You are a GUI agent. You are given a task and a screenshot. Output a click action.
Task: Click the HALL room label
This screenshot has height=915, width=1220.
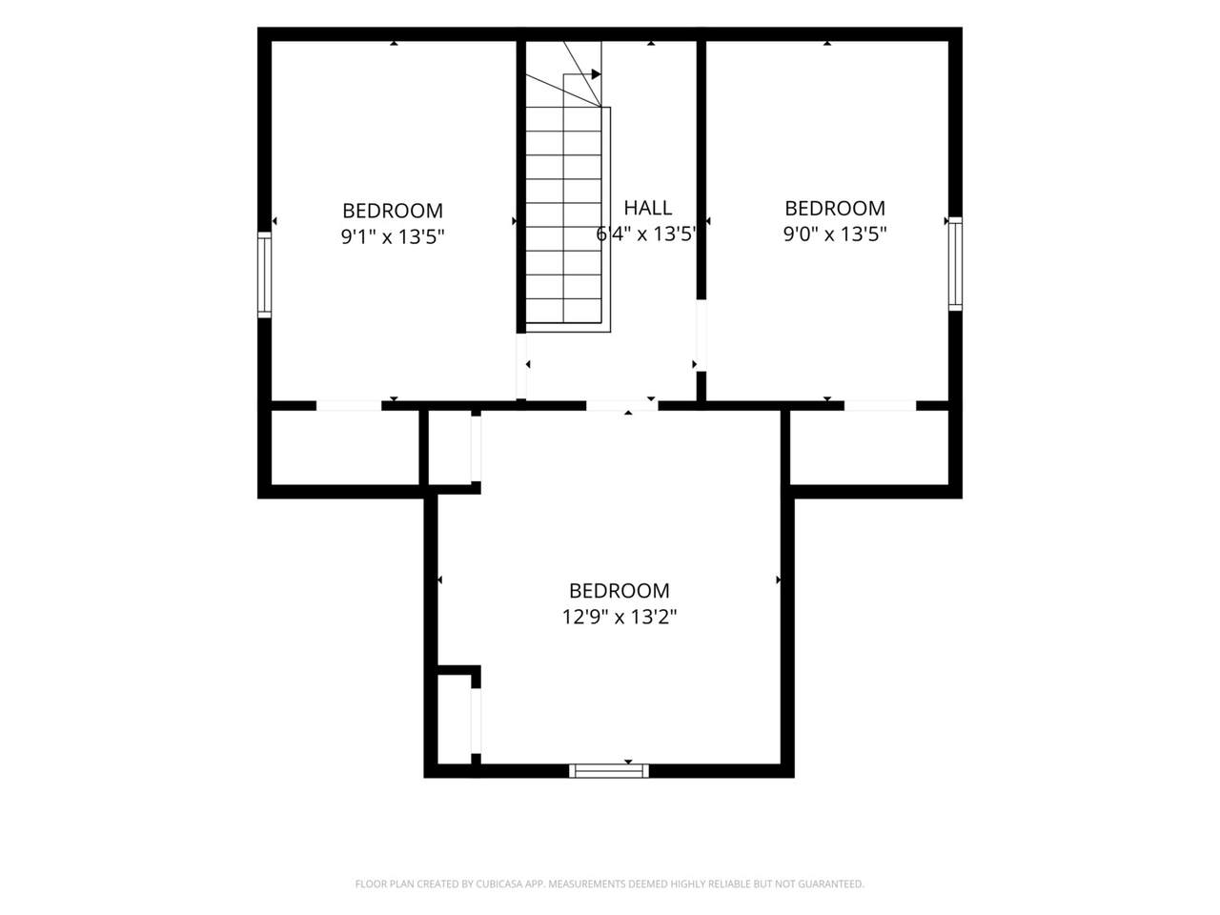coord(647,208)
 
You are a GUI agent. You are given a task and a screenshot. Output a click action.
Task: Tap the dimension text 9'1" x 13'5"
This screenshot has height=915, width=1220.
coord(393,237)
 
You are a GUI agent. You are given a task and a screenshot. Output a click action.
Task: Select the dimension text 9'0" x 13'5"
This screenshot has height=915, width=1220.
coord(834,234)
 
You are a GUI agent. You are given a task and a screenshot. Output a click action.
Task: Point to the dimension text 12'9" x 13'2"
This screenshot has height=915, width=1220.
coord(620,617)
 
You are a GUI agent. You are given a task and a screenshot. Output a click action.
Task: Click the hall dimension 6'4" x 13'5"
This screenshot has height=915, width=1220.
coord(646,234)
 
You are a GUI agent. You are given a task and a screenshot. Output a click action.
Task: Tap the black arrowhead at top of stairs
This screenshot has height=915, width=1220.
coord(597,74)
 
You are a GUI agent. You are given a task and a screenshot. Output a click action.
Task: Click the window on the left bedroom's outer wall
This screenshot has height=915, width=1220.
coord(265,275)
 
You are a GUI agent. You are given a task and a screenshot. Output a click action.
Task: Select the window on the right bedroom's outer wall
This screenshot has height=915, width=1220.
coord(955,264)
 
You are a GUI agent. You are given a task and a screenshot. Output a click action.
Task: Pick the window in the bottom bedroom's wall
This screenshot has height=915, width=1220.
coord(609,770)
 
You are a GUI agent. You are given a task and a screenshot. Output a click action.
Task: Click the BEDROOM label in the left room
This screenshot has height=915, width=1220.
coord(393,211)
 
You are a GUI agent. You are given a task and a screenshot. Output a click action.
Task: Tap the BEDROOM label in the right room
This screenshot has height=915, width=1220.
coord(835,209)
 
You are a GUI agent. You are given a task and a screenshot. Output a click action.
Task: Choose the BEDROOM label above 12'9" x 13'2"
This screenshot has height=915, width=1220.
coord(620,591)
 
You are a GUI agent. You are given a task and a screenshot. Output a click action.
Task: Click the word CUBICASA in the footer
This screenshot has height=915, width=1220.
coord(499,884)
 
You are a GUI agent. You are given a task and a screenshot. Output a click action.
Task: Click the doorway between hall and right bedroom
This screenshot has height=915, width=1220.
coord(701,335)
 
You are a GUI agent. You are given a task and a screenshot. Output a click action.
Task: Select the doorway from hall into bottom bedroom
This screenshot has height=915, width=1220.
coord(622,406)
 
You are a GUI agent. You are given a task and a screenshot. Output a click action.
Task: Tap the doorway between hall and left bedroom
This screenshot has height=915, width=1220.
coord(521,366)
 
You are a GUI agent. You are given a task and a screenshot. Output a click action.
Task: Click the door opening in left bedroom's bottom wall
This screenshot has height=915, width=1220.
coord(349,406)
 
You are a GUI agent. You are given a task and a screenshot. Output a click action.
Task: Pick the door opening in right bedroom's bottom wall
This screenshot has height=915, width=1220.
coord(880,406)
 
